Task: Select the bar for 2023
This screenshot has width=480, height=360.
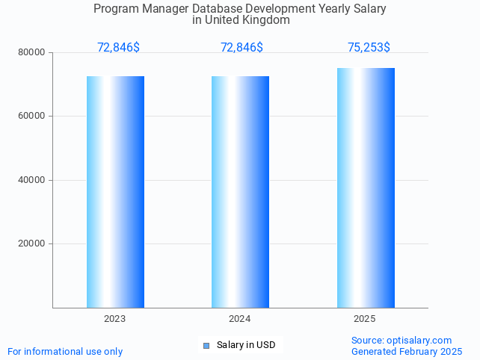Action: click(115, 191)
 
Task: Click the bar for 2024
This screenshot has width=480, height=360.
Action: click(240, 191)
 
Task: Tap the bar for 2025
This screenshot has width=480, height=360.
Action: click(366, 187)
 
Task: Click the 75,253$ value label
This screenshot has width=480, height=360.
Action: click(369, 48)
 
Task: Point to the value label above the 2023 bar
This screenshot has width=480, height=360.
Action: click(118, 48)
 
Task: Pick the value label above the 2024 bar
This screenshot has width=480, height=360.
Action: click(241, 48)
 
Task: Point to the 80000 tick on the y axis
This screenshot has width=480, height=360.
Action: click(33, 52)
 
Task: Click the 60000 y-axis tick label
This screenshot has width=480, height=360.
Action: click(33, 116)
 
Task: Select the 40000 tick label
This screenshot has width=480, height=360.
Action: click(33, 180)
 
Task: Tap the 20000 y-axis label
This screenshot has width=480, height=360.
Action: click(33, 243)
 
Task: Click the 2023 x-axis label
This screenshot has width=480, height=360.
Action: click(114, 319)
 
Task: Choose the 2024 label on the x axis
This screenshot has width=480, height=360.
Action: click(239, 319)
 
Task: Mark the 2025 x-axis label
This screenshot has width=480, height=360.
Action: click(364, 319)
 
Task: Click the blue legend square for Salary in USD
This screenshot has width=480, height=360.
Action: click(206, 345)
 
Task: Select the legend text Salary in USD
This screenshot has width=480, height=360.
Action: click(246, 345)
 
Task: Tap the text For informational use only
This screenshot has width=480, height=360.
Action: click(65, 351)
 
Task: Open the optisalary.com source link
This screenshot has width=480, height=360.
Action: click(419, 340)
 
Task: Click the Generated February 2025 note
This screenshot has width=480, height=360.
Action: click(406, 351)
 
